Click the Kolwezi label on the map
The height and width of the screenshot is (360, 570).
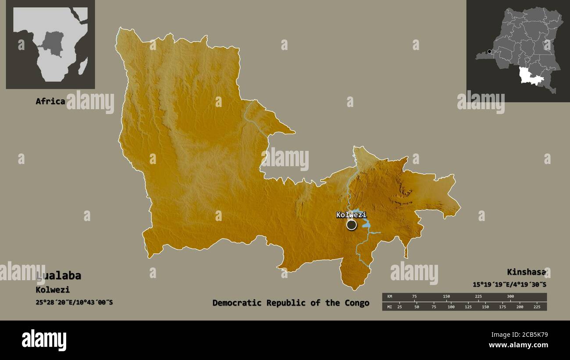[x=351, y=215]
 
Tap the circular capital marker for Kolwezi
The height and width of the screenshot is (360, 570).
[x=351, y=225]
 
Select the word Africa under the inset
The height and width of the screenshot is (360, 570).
[x=50, y=101]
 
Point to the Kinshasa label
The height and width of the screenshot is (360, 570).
[x=526, y=272]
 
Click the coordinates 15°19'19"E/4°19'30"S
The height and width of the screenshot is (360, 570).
[x=509, y=285]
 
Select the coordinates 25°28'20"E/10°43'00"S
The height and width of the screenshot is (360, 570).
[x=74, y=302]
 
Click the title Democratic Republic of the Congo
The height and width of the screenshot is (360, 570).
[x=291, y=303]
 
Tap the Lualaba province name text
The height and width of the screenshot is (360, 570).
[x=59, y=276]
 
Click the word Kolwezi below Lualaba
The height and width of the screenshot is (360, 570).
[x=53, y=290]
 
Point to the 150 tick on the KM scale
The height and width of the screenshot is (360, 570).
[x=446, y=296]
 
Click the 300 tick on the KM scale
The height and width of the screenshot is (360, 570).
[x=510, y=296]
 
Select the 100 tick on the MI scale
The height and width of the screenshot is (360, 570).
[x=451, y=307]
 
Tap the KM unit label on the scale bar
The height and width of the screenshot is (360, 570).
[x=389, y=296]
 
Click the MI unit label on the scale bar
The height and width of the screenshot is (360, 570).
[x=389, y=307]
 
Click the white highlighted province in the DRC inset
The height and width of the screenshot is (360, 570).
[x=529, y=75]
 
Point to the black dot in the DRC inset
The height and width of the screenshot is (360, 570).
[x=489, y=51]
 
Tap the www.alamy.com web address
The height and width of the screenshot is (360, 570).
[x=518, y=345]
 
